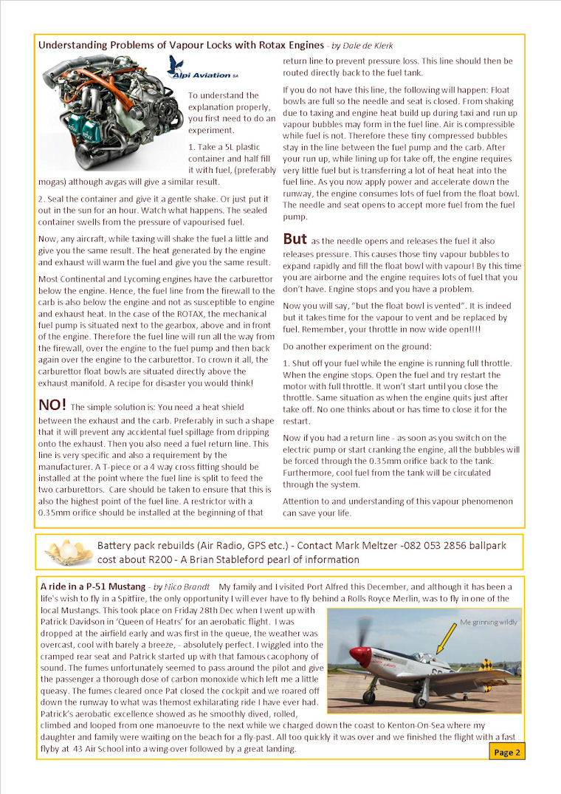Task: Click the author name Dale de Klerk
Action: pos(365,46)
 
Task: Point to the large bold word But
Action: pos(295,239)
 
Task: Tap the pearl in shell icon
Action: pos(68,551)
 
